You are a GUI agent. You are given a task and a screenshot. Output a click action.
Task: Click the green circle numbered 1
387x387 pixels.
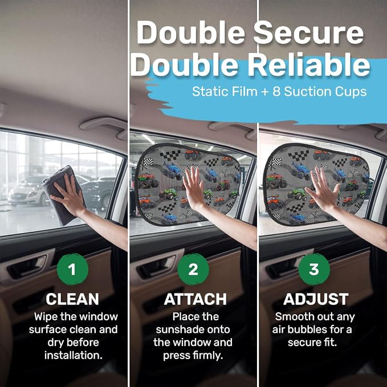click(72, 269)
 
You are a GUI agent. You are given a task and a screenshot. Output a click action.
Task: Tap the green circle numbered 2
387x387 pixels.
click(193, 269)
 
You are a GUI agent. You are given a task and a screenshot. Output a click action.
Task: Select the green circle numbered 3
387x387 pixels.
click(314, 269)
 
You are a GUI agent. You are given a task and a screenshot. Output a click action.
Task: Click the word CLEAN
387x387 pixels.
click(72, 299)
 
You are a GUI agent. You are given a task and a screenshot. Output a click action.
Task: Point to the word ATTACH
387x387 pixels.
click(195, 299)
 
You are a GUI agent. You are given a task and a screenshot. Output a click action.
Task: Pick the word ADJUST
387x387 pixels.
click(316, 299)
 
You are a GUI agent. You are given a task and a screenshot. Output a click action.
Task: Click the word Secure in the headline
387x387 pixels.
click(309, 33)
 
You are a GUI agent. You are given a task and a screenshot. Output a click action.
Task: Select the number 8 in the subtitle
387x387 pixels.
click(276, 92)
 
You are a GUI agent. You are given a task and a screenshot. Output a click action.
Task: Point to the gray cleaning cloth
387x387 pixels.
click(63, 195)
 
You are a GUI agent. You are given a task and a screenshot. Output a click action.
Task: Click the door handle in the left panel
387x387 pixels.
click(27, 267)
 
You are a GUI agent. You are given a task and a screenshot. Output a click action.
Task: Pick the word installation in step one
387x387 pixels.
click(74, 356)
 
